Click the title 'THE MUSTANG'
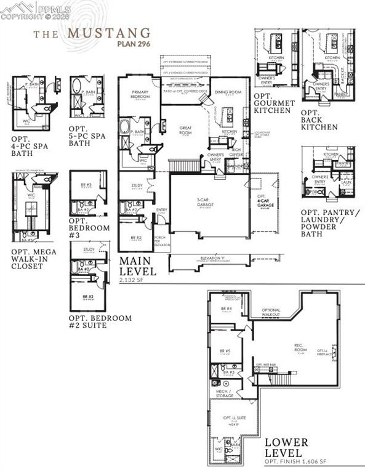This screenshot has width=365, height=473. (92, 32)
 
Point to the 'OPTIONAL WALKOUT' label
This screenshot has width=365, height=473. (271, 312)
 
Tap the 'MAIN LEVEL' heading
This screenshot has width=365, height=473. (138, 265)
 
